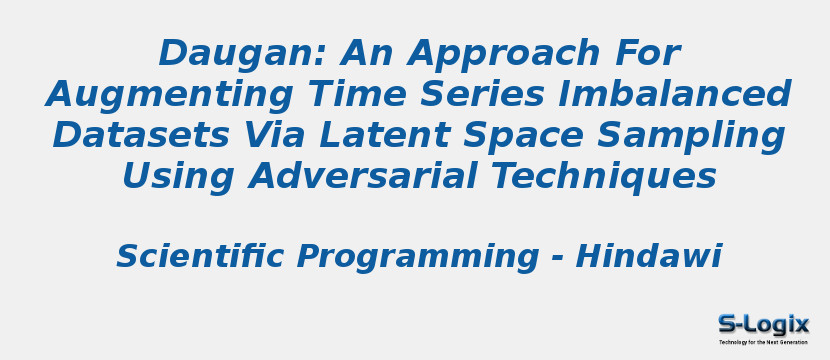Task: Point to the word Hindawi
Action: pyautogui.click(x=649, y=257)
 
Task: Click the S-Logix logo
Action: pyautogui.click(x=763, y=324)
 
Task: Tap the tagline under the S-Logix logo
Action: pyautogui.click(x=763, y=342)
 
